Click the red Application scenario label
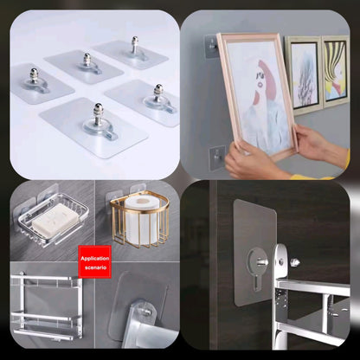95,262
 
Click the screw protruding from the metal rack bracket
295,260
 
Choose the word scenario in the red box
95,267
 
